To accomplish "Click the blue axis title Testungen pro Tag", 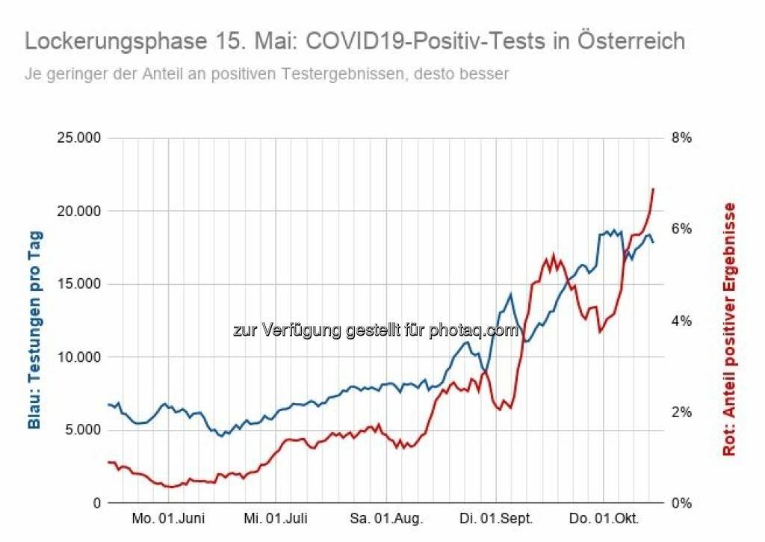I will pos(34,329).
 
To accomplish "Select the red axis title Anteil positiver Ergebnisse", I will pos(729,329).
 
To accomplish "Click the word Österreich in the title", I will pos(631,40).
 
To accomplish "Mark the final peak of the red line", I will pos(653,188).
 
